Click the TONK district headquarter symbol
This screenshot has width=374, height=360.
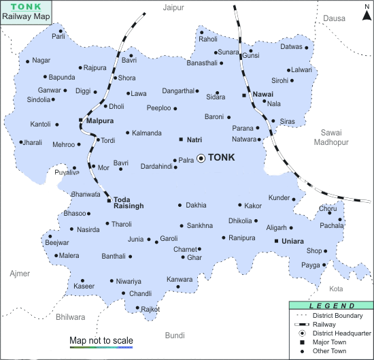pyautogui.click(x=201, y=158)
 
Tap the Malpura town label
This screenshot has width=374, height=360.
pyautogui.click(x=99, y=120)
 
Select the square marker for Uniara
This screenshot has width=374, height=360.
pyautogui.click(x=276, y=241)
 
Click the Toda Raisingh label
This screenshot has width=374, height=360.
pyautogui.click(x=129, y=203)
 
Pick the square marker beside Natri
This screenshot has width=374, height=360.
pyautogui.click(x=181, y=140)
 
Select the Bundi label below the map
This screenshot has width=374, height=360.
pyautogui.click(x=175, y=335)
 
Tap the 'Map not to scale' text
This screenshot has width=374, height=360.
pyautogui.click(x=101, y=340)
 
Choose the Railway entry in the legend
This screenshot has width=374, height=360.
pyautogui.click(x=326, y=325)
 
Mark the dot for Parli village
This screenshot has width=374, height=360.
pyautogui.click(x=61, y=31)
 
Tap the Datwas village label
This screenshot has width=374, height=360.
pyautogui.click(x=290, y=47)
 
